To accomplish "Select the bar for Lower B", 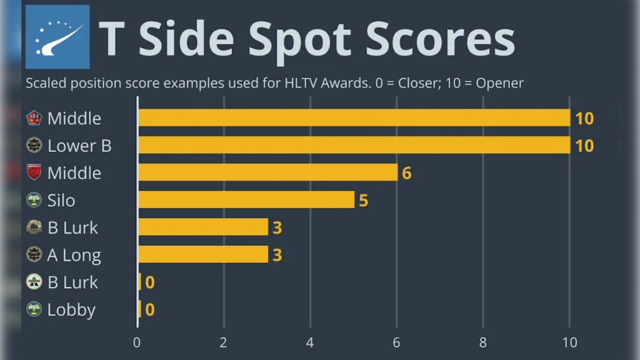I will [x=354, y=145].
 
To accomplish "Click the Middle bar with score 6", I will [x=267, y=172].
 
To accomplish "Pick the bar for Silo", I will [x=246, y=200].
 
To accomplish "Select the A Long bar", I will [x=202, y=254].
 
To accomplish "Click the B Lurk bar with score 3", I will [x=202, y=227].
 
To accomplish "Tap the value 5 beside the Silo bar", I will [x=363, y=201].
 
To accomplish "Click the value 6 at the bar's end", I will [x=406, y=173].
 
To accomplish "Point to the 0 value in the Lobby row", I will [x=149, y=309].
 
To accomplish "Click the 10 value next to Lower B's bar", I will [x=584, y=146].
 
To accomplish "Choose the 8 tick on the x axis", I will [x=483, y=342].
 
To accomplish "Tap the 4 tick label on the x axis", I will [x=310, y=342].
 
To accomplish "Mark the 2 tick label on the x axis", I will [x=224, y=342].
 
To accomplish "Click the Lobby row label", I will [x=71, y=309].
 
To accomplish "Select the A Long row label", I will [x=74, y=255].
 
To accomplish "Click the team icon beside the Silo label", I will [x=34, y=200].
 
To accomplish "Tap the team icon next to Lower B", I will [x=34, y=146].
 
